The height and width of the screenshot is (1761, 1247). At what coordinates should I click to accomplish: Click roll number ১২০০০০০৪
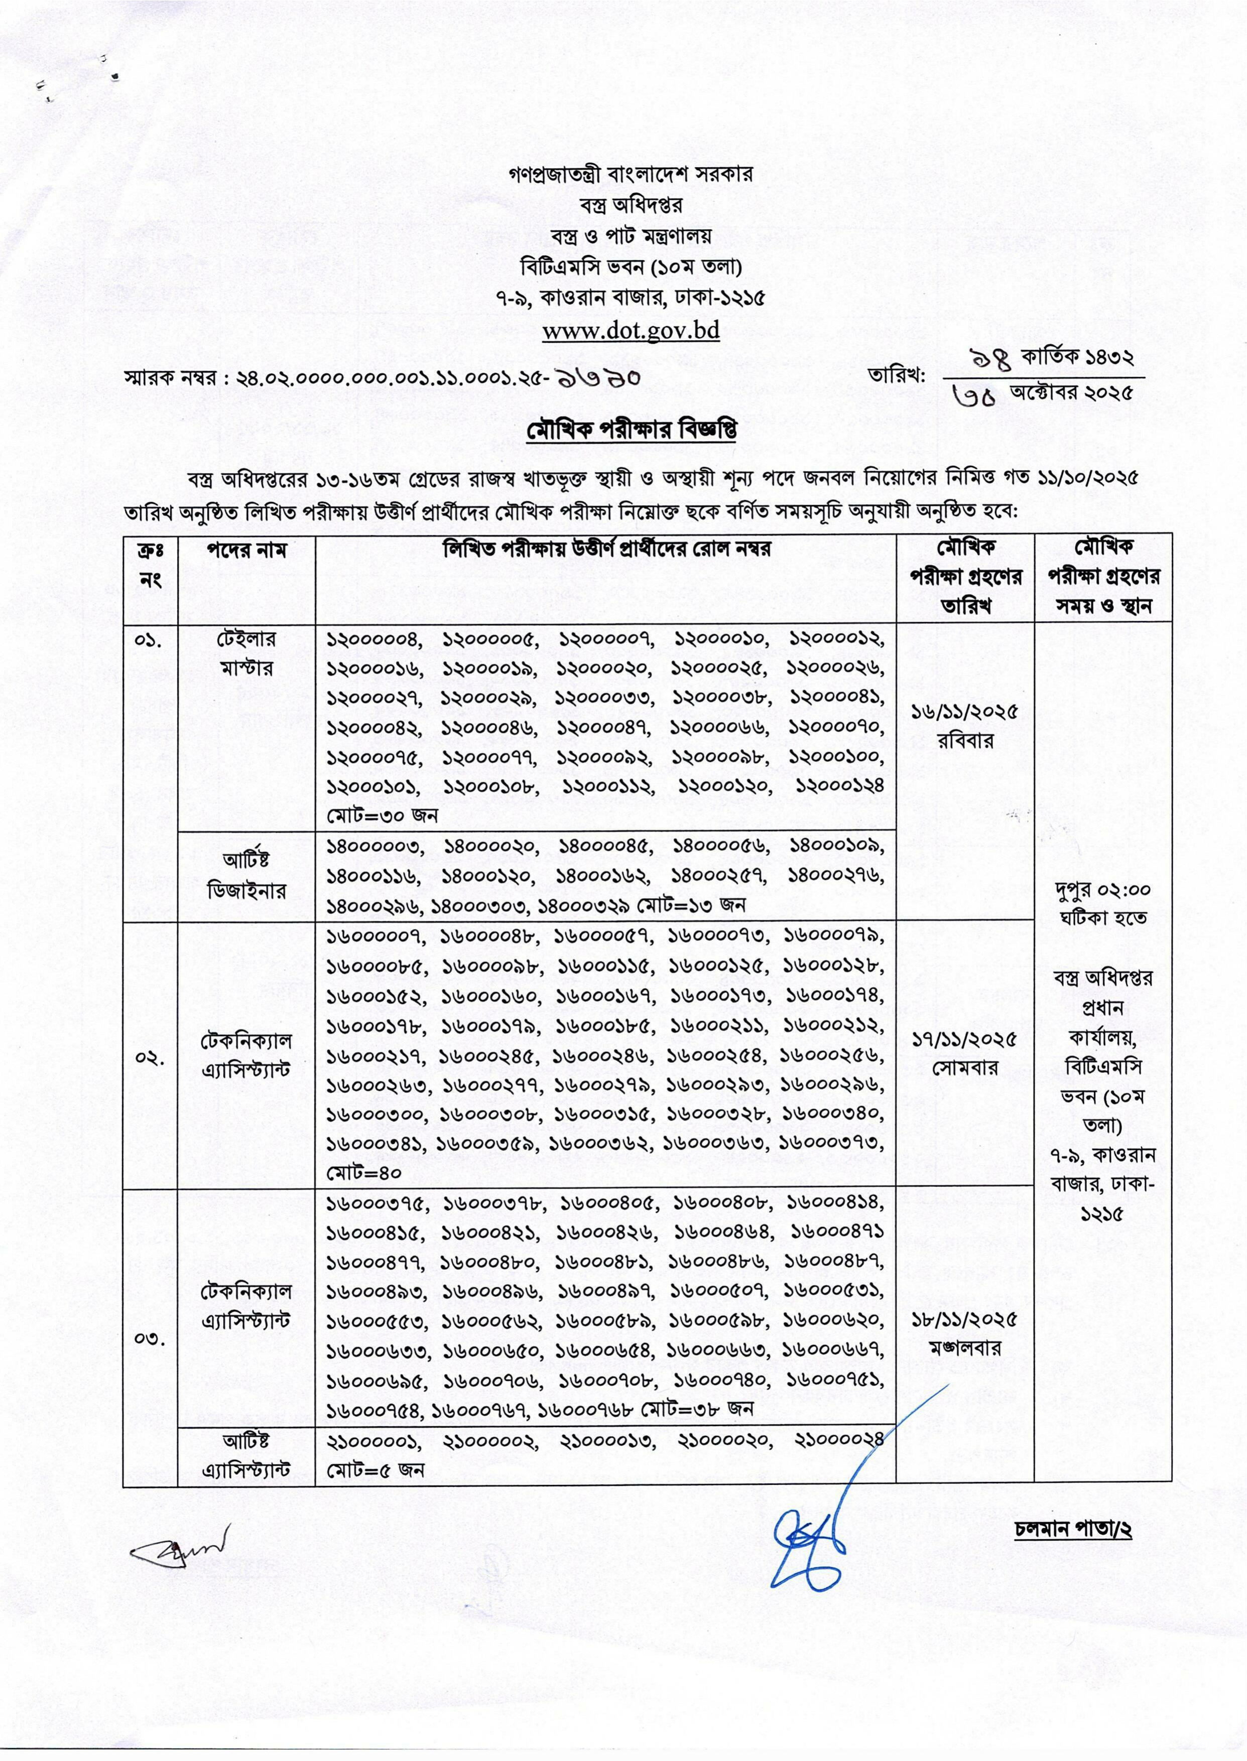[x=375, y=639]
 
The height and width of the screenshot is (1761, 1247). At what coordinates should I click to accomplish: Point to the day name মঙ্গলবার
[x=964, y=1349]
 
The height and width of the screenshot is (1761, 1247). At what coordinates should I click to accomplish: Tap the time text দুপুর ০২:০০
[x=1102, y=890]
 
